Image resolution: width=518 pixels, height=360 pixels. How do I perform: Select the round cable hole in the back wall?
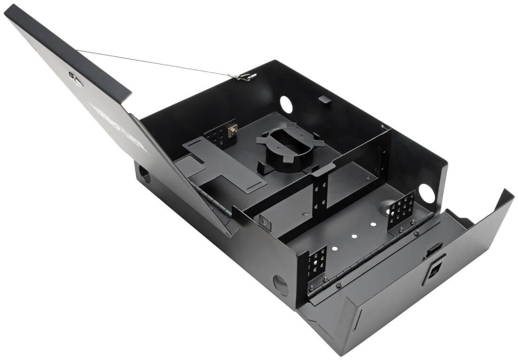coord(286,104)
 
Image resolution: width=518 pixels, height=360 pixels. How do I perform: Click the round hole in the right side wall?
coord(426,193)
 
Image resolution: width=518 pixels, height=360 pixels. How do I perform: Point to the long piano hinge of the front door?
coord(371,255)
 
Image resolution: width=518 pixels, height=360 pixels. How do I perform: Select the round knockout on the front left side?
coord(281,285)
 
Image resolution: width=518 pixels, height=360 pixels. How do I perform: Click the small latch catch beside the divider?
coord(266,223)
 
